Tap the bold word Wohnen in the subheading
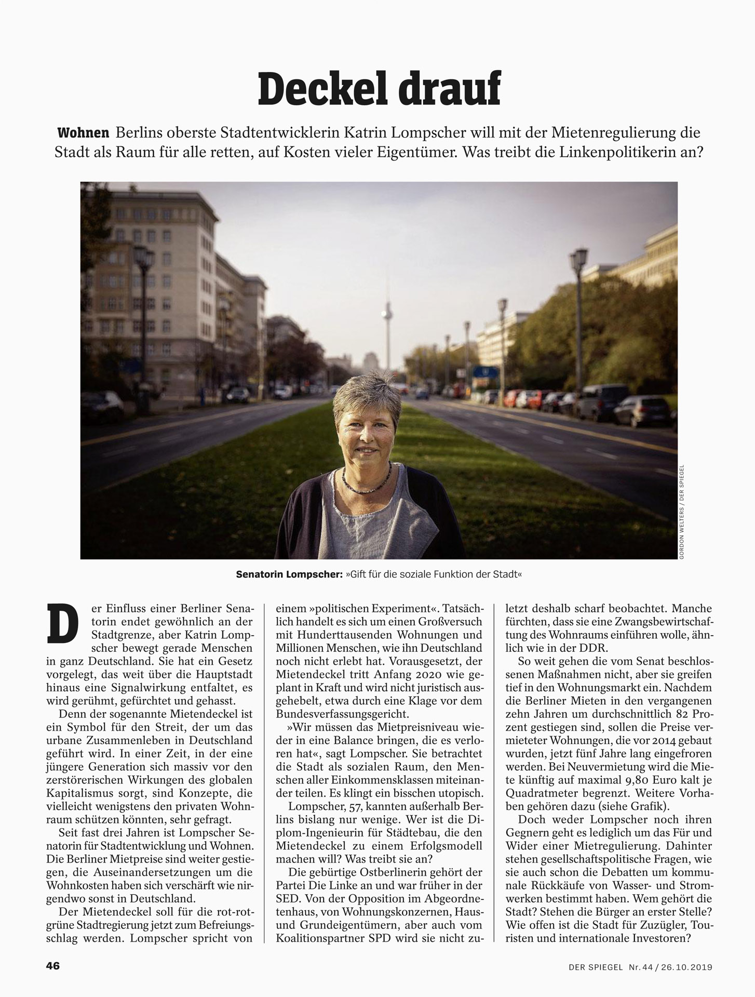[83, 132]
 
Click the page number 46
[53, 965]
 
